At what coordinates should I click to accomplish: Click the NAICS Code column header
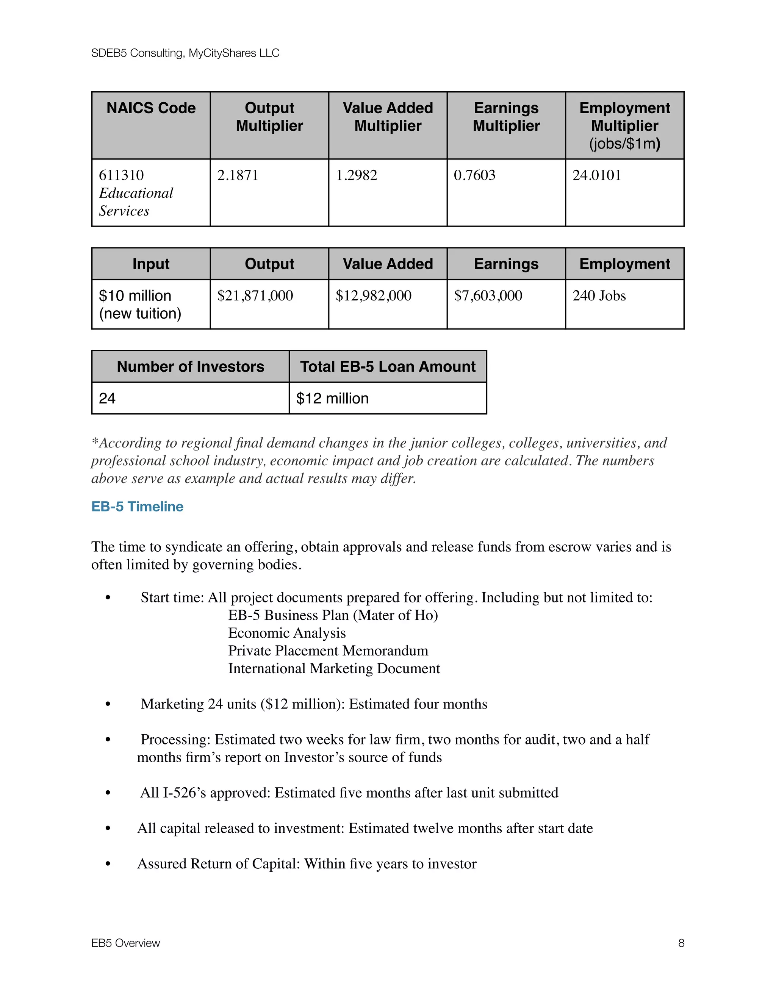pos(151,108)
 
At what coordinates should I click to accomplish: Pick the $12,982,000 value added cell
pos(373,296)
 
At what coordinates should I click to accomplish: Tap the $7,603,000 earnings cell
pos(488,296)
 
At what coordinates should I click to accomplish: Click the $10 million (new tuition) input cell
pos(140,304)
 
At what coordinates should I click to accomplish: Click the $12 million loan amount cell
pos(332,398)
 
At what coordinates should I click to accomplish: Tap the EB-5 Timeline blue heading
pos(137,506)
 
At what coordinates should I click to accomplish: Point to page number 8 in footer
pos(681,943)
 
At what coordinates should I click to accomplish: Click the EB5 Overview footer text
pos(125,943)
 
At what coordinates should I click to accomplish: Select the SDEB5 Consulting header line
pos(185,53)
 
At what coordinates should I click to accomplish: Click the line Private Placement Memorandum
pos(328,651)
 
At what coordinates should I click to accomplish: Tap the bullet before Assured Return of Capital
pos(108,864)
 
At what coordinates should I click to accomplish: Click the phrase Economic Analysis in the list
pos(286,633)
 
